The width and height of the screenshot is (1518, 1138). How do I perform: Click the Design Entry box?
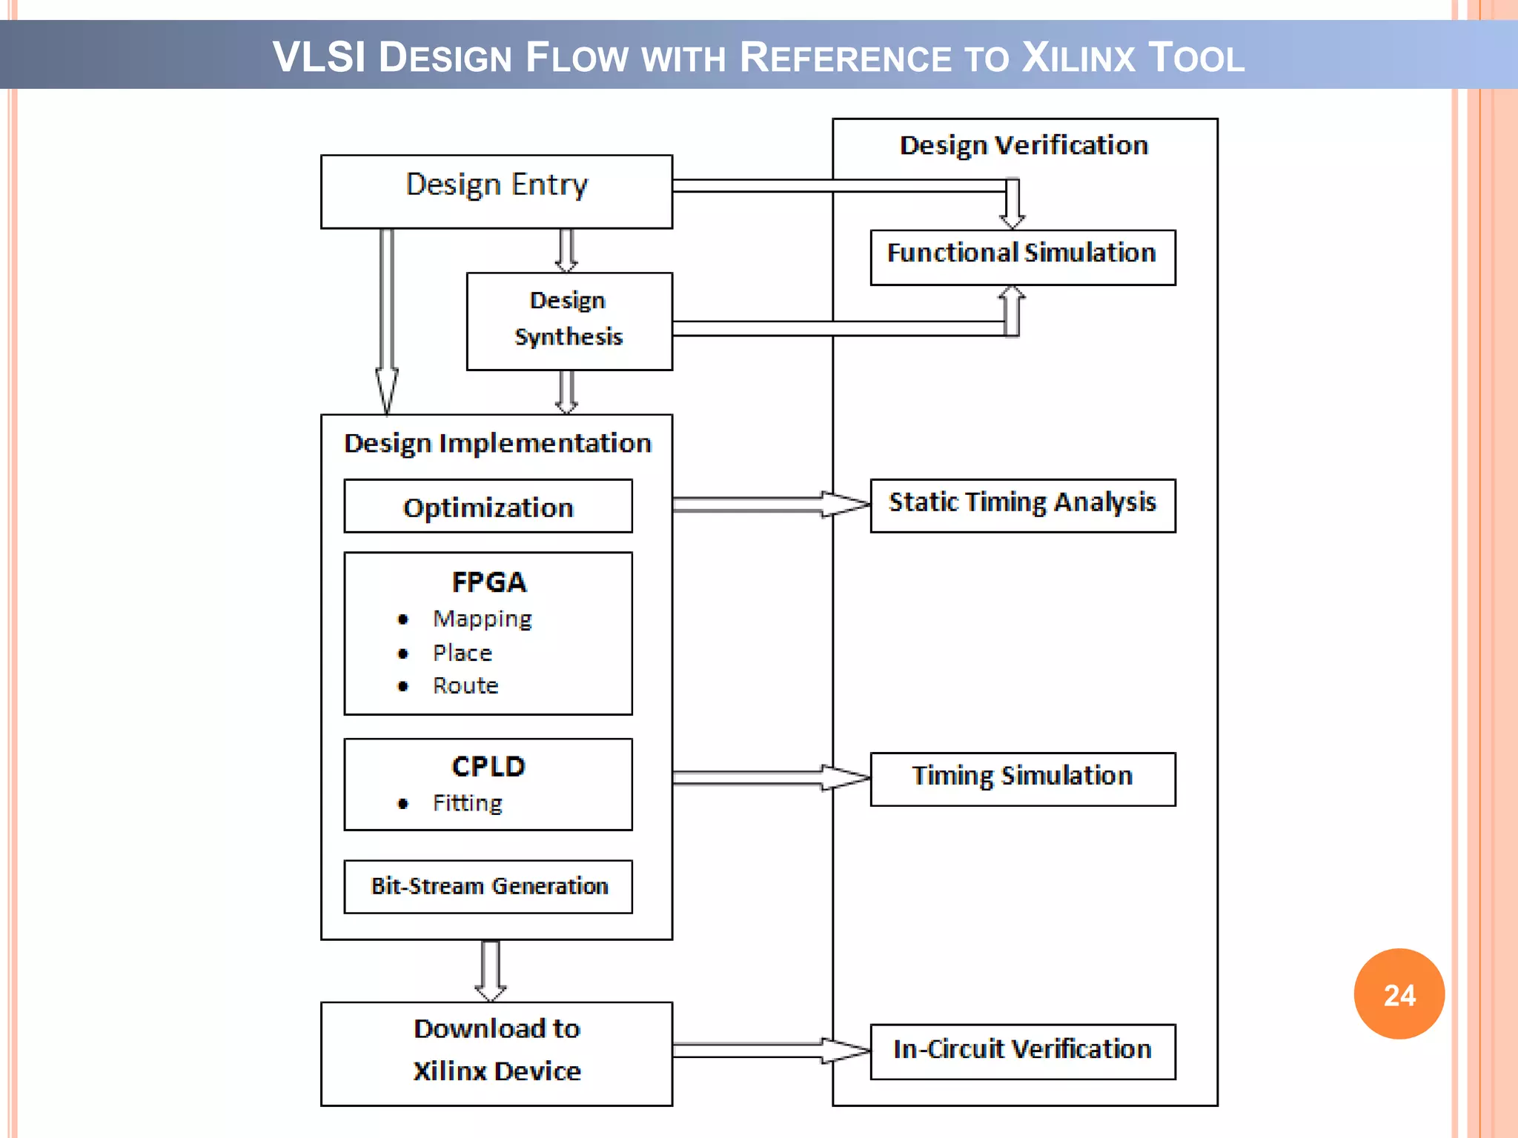(496, 191)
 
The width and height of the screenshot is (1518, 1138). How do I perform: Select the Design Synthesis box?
(569, 321)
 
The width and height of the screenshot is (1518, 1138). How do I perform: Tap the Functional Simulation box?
(1022, 256)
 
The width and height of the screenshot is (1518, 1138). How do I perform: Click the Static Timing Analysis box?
(1022, 505)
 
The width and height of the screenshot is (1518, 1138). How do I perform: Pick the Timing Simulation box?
(1022, 778)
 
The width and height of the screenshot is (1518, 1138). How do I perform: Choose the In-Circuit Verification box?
(1022, 1051)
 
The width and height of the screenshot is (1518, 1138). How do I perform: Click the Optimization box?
(488, 506)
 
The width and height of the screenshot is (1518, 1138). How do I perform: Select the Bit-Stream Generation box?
(488, 886)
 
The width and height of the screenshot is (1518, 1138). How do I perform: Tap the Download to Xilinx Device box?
(496, 1053)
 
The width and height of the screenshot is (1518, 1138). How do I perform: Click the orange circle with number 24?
(1399, 994)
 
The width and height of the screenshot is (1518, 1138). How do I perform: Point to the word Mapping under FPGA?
(483, 619)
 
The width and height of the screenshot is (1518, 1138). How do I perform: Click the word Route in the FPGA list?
(465, 685)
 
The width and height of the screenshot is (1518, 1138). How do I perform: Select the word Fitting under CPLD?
(468, 803)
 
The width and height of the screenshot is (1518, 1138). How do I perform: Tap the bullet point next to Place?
(402, 653)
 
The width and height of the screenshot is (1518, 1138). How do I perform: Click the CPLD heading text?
(488, 766)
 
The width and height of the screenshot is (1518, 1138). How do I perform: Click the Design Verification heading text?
(1024, 145)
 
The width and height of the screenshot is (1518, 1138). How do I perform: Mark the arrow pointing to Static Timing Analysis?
(771, 505)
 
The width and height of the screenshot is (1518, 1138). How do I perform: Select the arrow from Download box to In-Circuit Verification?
(771, 1050)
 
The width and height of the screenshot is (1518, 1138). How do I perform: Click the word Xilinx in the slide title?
(1078, 58)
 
